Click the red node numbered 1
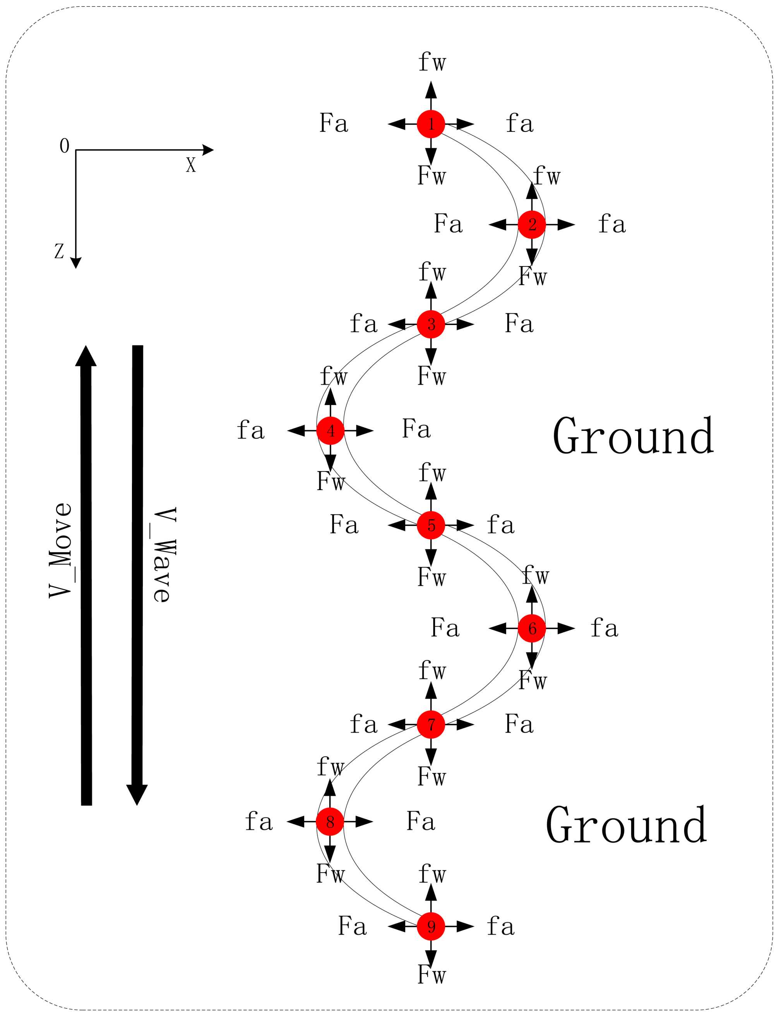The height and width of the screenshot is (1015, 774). coord(431,124)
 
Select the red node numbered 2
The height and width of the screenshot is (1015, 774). coord(532,225)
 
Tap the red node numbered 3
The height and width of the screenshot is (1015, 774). coord(431,324)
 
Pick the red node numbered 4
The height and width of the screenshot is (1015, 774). coord(330,431)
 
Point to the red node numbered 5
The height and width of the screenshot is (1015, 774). coord(431,525)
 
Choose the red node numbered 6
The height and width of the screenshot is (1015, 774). coord(532,628)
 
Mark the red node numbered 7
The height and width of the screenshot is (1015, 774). coord(431,725)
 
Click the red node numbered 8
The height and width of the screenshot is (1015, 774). coord(330,822)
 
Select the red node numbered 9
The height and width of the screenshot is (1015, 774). coord(431,926)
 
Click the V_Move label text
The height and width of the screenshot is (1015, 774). coord(61,551)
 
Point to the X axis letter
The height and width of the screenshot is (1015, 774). coord(191,165)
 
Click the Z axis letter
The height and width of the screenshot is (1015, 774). coord(59,251)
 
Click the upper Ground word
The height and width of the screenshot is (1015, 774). coord(633,436)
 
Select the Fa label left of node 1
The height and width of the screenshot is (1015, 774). coord(334,123)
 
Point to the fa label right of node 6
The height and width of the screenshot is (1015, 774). coord(604,628)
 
